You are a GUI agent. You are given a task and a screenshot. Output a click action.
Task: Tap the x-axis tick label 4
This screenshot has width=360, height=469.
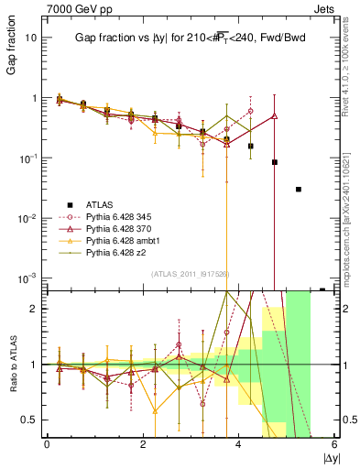tap(239, 445)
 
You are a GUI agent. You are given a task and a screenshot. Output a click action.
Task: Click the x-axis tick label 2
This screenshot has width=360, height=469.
tap(143, 445)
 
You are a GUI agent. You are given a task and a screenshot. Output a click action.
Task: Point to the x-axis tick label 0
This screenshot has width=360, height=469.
tap(47, 445)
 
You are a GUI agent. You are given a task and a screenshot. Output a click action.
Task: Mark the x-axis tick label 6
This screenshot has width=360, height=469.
tap(335, 445)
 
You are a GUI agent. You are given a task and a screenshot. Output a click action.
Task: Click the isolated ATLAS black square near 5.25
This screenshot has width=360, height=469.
tap(299, 190)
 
